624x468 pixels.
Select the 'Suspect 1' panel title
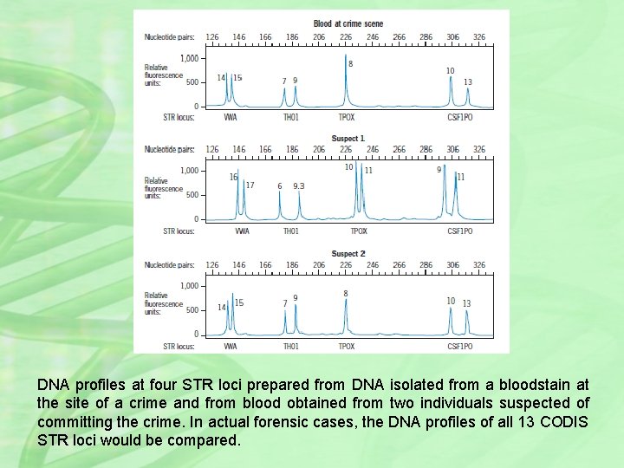pyautogui.click(x=348, y=139)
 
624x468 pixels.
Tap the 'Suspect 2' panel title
pyautogui.click(x=348, y=254)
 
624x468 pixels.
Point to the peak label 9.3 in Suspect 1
pyautogui.click(x=298, y=185)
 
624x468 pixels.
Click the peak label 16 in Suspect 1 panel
pyautogui.click(x=233, y=177)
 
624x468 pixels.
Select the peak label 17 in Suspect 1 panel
pyautogui.click(x=250, y=185)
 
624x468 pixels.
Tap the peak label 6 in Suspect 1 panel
pyautogui.click(x=279, y=185)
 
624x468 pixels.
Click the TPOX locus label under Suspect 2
pyautogui.click(x=346, y=347)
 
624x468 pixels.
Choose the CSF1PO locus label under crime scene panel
pyautogui.click(x=459, y=116)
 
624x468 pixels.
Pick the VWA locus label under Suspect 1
pyautogui.click(x=242, y=231)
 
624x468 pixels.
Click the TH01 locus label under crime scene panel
pyautogui.click(x=291, y=116)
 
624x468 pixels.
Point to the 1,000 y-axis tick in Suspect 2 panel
pyautogui.click(x=189, y=286)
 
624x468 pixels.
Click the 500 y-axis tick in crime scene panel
pyautogui.click(x=192, y=82)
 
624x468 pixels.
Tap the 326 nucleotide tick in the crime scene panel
pyautogui.click(x=479, y=37)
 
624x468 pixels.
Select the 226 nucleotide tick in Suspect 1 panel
pyautogui.click(x=346, y=150)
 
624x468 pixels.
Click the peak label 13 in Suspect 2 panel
pyautogui.click(x=466, y=303)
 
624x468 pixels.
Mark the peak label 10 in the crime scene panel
pyautogui.click(x=450, y=70)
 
